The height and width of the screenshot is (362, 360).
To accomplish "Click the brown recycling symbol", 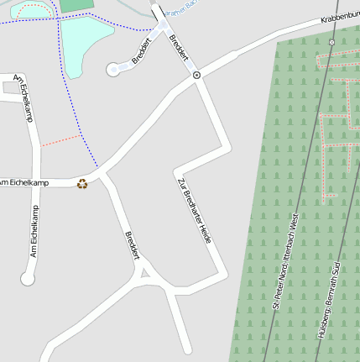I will point(82,183).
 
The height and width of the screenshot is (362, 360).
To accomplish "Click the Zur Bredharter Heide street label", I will point(194,211).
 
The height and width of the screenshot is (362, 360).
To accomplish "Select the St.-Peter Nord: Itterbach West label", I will point(284,261).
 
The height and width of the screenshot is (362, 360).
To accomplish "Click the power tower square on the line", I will point(331,41).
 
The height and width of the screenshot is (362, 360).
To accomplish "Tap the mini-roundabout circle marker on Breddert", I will point(196,76).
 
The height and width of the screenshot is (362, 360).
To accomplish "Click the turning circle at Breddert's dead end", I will point(113,71).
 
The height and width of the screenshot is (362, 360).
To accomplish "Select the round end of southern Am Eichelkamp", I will point(28,279).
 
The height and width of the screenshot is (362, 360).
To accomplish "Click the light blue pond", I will point(84,42).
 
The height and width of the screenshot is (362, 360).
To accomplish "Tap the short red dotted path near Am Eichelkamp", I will point(60,140).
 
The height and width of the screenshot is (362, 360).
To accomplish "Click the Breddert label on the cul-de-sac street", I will point(141,50).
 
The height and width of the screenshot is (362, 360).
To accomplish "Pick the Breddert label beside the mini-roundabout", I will point(179,45).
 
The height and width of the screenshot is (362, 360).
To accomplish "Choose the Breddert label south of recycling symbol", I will point(132,245).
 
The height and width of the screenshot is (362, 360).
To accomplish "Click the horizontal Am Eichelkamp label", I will point(25,182).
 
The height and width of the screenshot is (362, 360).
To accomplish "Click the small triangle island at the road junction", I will point(145,271).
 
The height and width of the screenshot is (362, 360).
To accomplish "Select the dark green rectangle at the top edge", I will point(77,5).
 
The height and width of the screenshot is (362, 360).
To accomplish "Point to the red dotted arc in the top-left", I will point(30,9).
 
